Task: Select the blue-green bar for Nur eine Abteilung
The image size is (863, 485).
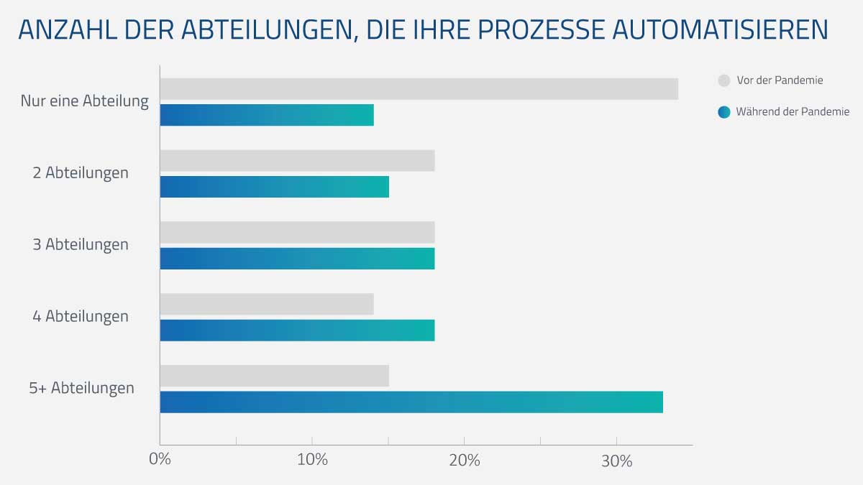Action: [267, 115]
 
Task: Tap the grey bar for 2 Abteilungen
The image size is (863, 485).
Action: [297, 161]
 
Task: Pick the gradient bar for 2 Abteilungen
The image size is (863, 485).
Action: [274, 187]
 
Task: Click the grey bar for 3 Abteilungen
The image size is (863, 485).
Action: [297, 233]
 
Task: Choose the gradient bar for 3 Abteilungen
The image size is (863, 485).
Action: [297, 259]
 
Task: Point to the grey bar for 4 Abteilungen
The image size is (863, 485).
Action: [267, 305]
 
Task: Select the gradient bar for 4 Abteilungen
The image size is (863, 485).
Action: [297, 331]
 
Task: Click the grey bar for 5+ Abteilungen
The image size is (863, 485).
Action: [274, 376]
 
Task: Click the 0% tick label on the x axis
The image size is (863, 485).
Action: [160, 461]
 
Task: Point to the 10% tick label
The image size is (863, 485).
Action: [312, 461]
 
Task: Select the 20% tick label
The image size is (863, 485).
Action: [465, 461]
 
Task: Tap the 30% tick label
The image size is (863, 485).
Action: [616, 461]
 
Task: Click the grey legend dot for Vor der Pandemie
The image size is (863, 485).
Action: [724, 80]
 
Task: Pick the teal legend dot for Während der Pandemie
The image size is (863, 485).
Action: [724, 112]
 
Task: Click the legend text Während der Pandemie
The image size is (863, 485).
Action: [793, 112]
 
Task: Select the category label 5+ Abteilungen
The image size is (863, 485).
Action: [81, 388]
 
